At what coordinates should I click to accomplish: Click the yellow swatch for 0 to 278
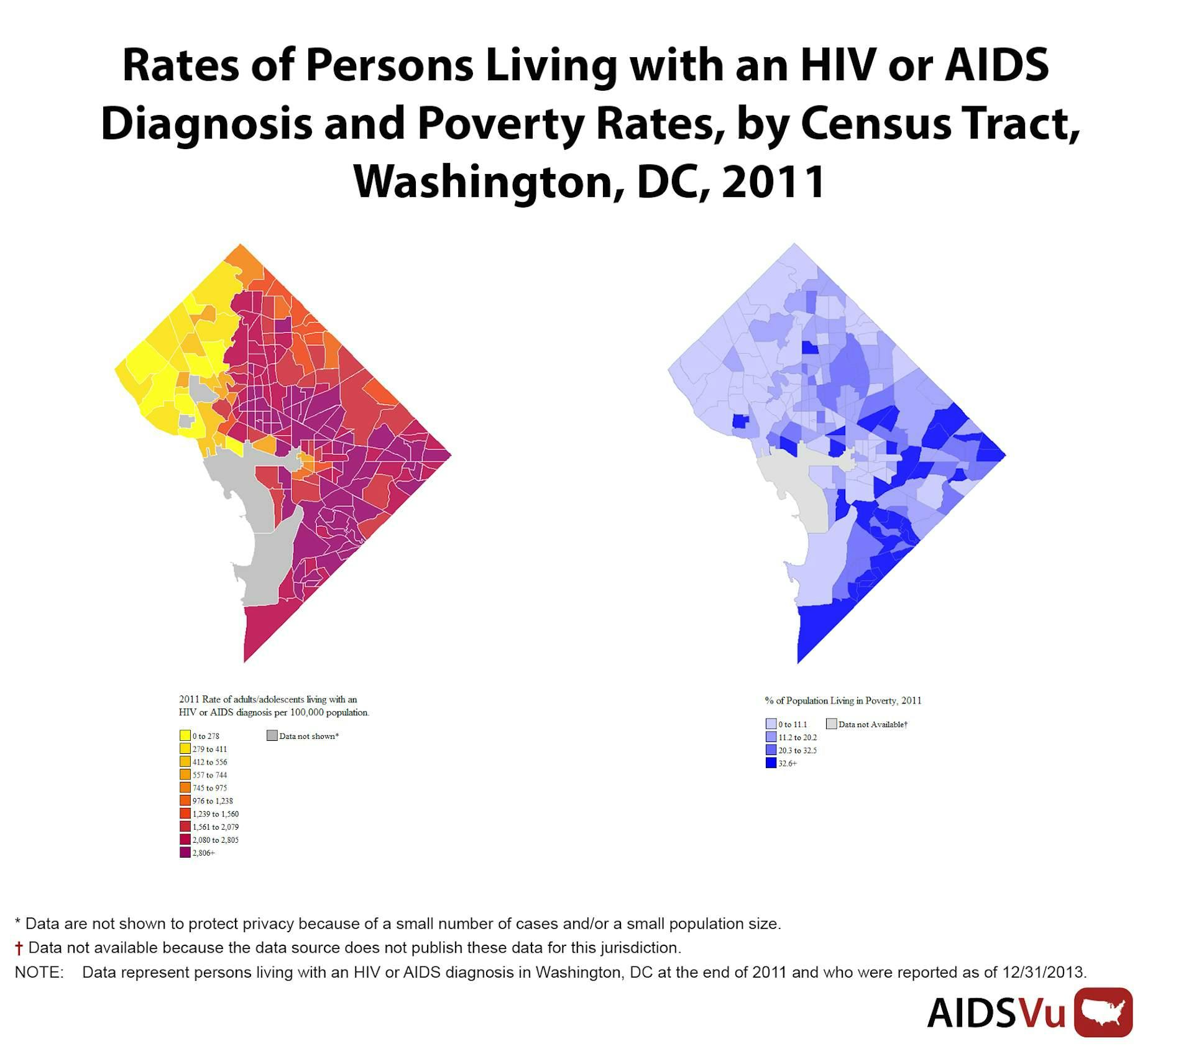pyautogui.click(x=185, y=735)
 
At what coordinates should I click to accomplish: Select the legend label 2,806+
pyautogui.click(x=203, y=853)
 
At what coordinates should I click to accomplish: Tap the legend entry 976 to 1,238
pyautogui.click(x=212, y=800)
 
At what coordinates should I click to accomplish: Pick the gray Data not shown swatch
pyautogui.click(x=272, y=735)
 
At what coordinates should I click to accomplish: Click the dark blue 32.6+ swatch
pyautogui.click(x=771, y=763)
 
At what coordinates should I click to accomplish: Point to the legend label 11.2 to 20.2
pyautogui.click(x=797, y=737)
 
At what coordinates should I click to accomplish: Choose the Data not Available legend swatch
pyautogui.click(x=831, y=723)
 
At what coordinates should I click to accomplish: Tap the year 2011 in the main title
pyautogui.click(x=773, y=181)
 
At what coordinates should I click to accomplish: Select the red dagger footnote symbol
pyautogui.click(x=19, y=948)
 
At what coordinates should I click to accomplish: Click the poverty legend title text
pyautogui.click(x=843, y=700)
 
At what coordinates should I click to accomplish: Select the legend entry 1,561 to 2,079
pyautogui.click(x=215, y=827)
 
